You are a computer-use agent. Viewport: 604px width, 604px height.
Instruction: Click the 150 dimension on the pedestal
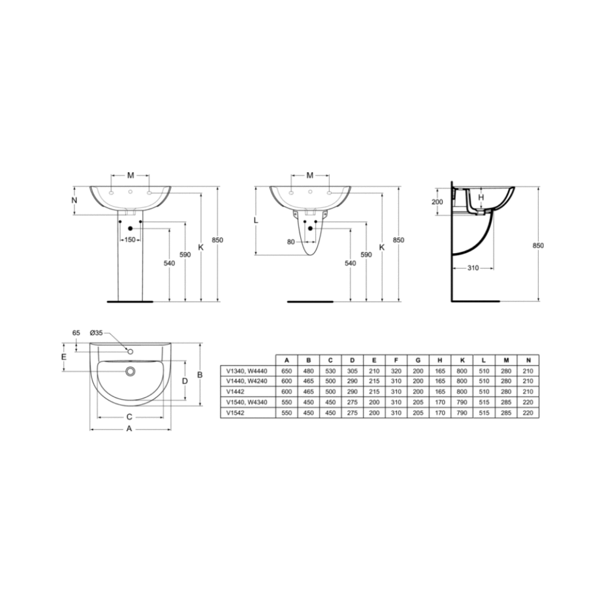click(x=130, y=240)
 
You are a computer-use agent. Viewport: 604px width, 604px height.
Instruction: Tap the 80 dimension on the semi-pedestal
click(x=291, y=242)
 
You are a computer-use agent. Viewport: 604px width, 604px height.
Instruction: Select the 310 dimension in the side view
click(x=473, y=268)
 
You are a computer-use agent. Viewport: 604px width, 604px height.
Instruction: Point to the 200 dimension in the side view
click(x=437, y=202)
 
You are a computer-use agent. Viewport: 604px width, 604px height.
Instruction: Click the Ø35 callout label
click(x=96, y=333)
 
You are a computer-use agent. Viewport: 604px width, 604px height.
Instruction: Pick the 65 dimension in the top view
click(x=76, y=333)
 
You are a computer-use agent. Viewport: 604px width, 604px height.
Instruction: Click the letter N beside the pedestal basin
click(x=75, y=201)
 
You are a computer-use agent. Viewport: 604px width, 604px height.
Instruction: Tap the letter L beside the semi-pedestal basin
click(x=255, y=220)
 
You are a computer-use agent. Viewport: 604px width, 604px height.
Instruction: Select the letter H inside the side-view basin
click(x=481, y=198)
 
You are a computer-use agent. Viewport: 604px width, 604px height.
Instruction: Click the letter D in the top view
click(x=185, y=381)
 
